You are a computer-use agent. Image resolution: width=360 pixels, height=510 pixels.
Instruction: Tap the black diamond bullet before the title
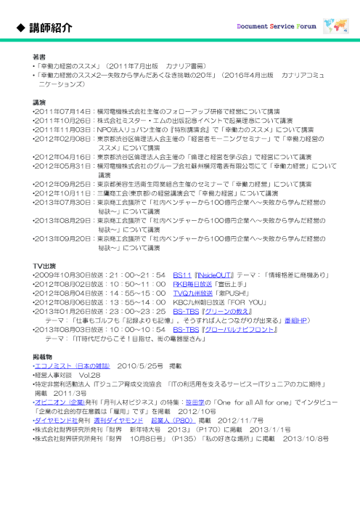(21, 28)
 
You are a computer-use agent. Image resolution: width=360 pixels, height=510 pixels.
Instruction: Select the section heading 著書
(40, 56)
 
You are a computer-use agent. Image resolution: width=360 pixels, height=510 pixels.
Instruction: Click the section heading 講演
(40, 102)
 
